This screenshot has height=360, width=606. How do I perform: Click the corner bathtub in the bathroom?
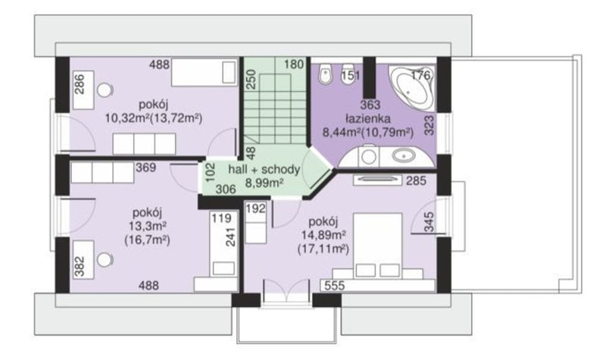click(x=411, y=88)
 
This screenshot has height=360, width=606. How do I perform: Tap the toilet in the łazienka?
click(x=326, y=73)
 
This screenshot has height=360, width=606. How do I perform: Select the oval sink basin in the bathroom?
click(x=404, y=156)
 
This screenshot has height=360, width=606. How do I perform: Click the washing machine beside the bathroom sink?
click(x=368, y=156)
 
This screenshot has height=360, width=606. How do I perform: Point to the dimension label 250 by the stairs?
click(x=251, y=80)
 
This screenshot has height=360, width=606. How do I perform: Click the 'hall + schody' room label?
click(x=264, y=169)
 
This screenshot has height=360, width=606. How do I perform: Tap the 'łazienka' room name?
click(x=368, y=118)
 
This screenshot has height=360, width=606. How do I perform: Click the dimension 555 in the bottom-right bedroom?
click(x=335, y=286)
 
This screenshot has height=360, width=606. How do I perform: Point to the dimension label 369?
click(x=145, y=167)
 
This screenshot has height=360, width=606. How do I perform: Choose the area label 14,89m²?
click(x=323, y=235)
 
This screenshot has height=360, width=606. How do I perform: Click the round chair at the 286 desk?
click(x=105, y=90)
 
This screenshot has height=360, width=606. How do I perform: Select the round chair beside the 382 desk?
click(x=105, y=259)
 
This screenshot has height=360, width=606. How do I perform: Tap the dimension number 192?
click(x=256, y=209)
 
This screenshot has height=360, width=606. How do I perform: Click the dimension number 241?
click(x=230, y=237)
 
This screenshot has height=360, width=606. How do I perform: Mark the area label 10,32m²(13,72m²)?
click(x=154, y=118)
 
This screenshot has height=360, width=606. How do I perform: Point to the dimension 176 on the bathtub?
click(x=420, y=74)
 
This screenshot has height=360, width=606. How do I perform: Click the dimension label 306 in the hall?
click(x=226, y=189)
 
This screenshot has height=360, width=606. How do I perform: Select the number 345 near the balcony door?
click(x=429, y=222)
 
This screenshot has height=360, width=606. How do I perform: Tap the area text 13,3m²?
click(x=147, y=226)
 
